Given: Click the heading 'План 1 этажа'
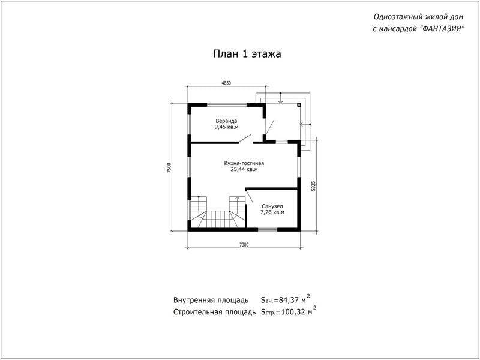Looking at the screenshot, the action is pos(247,54).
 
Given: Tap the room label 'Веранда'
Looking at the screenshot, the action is pos(226,121).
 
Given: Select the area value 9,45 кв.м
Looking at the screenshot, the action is pos(226,127).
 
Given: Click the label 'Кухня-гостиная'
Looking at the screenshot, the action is pos(244,163).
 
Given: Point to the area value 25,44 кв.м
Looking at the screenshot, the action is pos(244,169).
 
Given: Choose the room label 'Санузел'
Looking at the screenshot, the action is pos(272,206).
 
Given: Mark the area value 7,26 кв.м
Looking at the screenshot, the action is pos(272,212).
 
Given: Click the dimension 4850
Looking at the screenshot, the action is pos(226,83).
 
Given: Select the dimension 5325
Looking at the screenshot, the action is pos(313,186).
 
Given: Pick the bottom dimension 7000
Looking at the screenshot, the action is pos(244,245).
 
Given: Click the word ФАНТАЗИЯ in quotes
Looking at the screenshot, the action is pos(441,29).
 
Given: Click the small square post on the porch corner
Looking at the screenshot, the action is pos(299,104).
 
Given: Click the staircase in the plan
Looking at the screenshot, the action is pos(218,212).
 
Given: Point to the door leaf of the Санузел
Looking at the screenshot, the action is pos(250,196).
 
